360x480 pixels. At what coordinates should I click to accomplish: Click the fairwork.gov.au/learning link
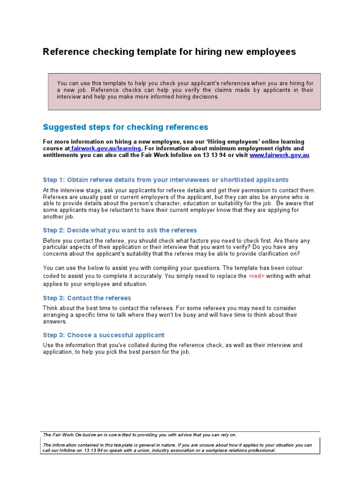coord(106,149)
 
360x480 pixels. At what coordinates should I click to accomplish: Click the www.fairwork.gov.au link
coord(279,155)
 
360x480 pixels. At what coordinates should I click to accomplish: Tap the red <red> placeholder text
coord(256,276)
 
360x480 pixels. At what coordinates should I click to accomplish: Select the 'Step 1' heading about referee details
coord(165,180)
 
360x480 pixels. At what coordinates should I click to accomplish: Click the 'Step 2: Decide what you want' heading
coord(120,231)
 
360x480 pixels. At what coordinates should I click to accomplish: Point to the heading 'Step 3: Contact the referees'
coord(87,298)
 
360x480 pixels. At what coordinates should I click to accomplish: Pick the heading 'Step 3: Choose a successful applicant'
coord(104,335)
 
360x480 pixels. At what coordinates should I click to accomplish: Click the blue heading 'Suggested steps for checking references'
coord(125,127)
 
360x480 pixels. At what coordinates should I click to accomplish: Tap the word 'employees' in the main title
coord(270,52)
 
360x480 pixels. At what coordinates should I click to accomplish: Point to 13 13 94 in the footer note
coord(93,450)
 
